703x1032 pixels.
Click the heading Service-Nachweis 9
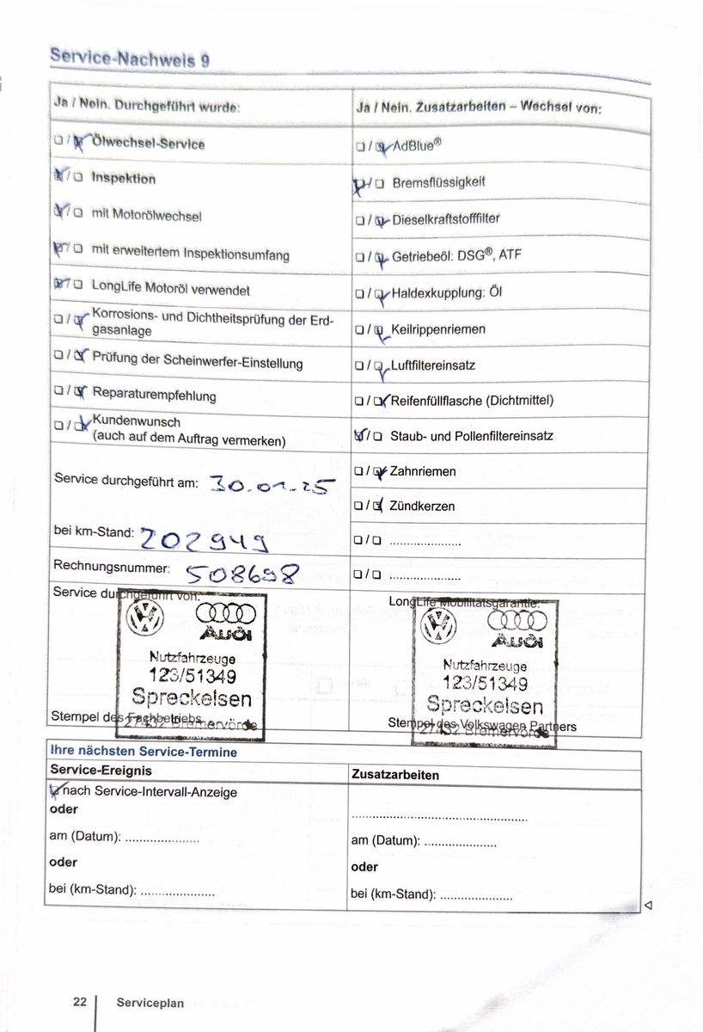[129, 58]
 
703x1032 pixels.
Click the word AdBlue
[417, 144]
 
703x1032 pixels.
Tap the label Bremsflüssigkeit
[438, 182]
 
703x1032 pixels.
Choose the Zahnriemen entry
[423, 471]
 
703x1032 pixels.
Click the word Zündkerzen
[422, 507]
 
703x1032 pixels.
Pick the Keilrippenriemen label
[438, 329]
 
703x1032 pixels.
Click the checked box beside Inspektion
[59, 178]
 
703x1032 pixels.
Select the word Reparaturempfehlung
[154, 396]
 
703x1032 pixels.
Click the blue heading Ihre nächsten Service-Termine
[144, 752]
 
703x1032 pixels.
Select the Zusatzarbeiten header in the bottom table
[395, 775]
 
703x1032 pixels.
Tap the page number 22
[80, 1002]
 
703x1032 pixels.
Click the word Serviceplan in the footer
[150, 1003]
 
